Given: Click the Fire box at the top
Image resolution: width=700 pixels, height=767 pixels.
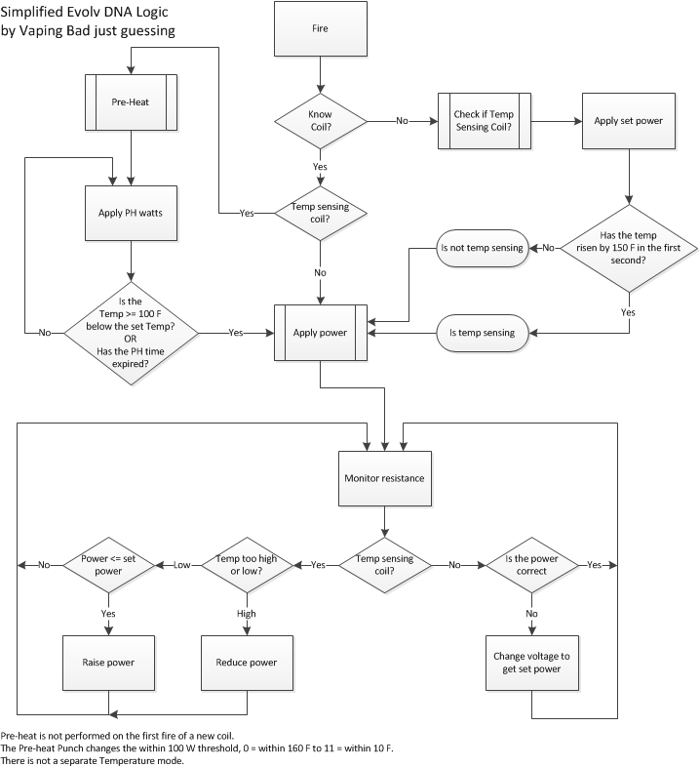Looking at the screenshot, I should (320, 28).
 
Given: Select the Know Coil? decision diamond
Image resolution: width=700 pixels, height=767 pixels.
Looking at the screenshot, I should (320, 121).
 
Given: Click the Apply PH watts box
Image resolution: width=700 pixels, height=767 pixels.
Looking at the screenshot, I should (131, 211).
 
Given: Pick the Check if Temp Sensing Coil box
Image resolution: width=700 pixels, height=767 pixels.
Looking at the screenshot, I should (484, 121).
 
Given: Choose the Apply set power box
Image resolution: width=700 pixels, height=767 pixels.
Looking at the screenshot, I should (629, 121).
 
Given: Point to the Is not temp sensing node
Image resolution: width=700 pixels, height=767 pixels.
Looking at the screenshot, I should (482, 248).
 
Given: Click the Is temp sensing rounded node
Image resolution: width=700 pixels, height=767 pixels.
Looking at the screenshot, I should (482, 333).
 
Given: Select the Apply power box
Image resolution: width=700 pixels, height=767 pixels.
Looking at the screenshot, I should (320, 333).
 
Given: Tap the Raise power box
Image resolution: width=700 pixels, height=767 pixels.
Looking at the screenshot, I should (107, 663).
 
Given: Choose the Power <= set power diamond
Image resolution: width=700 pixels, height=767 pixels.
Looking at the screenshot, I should (107, 564).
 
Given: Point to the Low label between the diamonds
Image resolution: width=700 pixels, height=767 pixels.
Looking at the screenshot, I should (181, 565).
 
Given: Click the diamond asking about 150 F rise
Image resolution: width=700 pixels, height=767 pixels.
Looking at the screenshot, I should (629, 248).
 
